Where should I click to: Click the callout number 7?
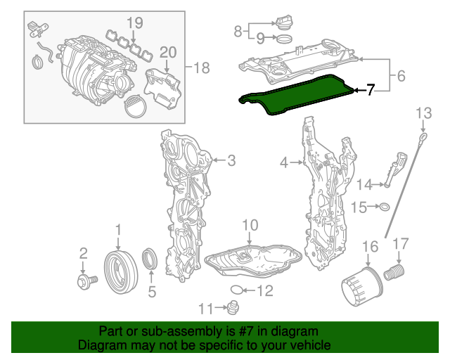(x=371, y=91)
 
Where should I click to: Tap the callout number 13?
(x=425, y=113)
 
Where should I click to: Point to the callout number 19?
(x=134, y=22)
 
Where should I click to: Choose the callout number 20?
(x=167, y=52)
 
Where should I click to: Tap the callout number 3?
(x=231, y=161)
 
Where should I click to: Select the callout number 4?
(x=284, y=163)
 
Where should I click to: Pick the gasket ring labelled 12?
(x=238, y=290)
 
